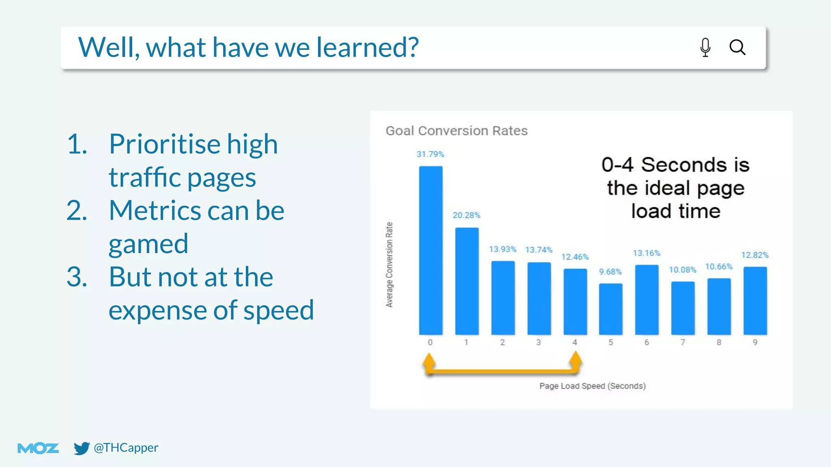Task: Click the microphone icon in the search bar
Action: pos(705,47)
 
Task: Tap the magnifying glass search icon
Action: pos(737,47)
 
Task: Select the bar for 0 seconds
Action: pos(431,251)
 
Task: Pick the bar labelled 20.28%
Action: pos(467,281)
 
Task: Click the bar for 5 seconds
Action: pos(611,309)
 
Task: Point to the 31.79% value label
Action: pos(430,154)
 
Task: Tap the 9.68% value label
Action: pos(610,272)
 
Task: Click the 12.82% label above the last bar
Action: pos(755,255)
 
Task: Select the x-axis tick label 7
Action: pos(683,342)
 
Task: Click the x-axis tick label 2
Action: pos(502,342)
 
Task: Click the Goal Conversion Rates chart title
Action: pos(456,131)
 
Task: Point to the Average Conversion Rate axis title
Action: pos(389,264)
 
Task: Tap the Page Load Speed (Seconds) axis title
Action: pos(592,386)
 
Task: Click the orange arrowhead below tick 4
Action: pos(575,360)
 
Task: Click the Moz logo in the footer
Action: pos(38,448)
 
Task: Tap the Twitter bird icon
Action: pos(81,448)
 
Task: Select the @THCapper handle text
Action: pos(126,448)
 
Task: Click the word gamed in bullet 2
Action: pos(148,244)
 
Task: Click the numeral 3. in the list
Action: pos(77,277)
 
